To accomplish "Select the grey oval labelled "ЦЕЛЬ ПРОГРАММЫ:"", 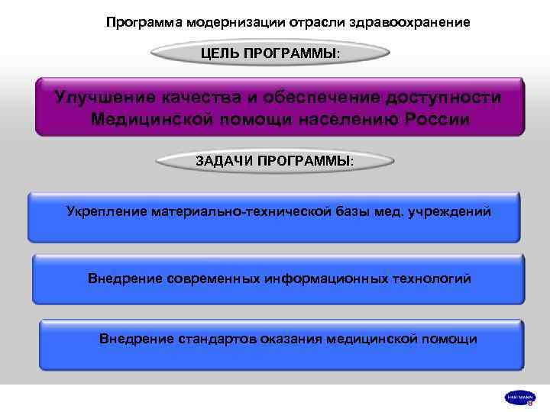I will click(x=271, y=54).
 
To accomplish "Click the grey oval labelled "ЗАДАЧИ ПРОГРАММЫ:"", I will click(x=275, y=161).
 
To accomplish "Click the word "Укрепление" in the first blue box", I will click(x=107, y=210).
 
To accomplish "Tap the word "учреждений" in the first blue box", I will click(x=453, y=210).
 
